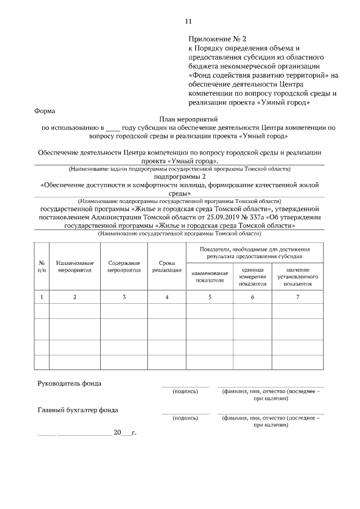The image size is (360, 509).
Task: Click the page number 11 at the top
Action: [188, 21]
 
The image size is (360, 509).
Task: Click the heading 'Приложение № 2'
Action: [217, 39]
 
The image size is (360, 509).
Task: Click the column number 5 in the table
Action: [209, 296]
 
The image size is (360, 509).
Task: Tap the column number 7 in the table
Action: [298, 296]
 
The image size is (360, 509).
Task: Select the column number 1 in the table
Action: [42, 296]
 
